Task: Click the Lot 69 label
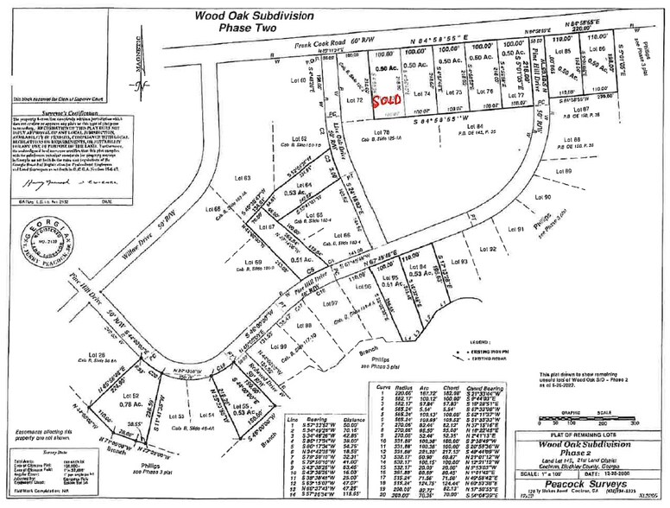click(x=253, y=263)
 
